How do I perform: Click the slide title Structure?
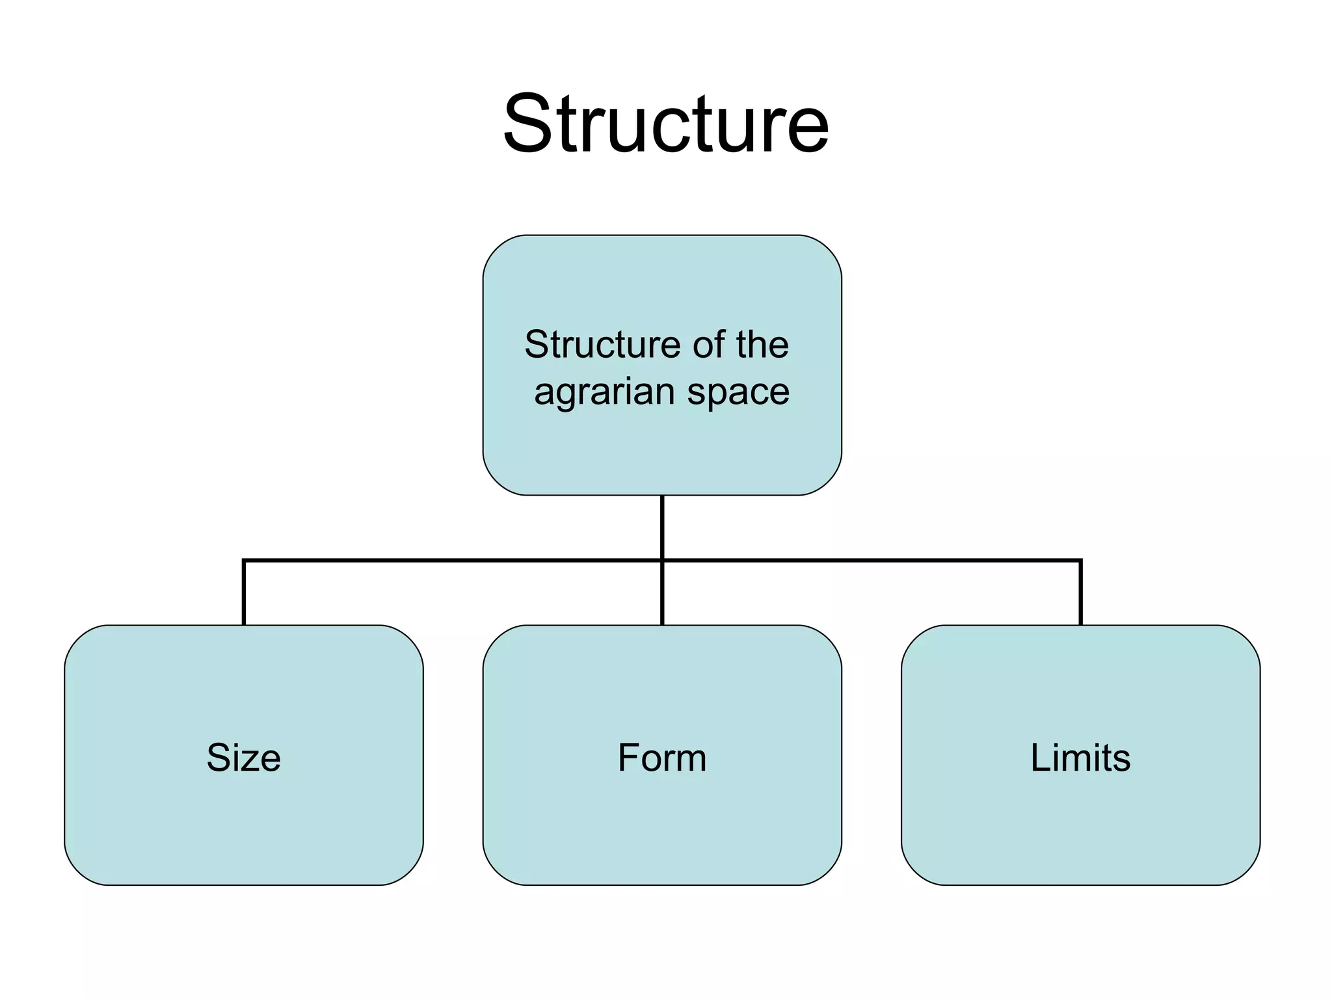coord(666,124)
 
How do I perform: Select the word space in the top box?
coord(738,393)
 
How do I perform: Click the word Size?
coord(244,758)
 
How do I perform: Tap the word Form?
coord(662,758)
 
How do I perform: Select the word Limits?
coord(1080,758)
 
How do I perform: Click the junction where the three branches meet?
coord(662,560)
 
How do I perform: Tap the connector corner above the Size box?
coord(244,560)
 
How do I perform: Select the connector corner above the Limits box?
coord(1080,560)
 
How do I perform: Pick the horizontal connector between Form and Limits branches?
coord(872,560)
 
